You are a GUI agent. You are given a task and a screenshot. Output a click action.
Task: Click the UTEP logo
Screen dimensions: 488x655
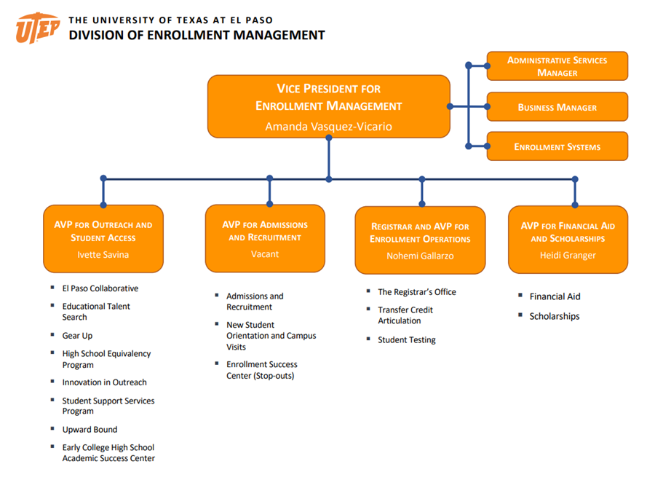coord(38,28)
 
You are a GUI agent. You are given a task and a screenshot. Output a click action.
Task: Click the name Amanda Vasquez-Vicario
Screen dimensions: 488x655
coord(328,127)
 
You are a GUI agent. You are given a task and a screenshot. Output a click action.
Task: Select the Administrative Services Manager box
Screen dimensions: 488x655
coord(557,66)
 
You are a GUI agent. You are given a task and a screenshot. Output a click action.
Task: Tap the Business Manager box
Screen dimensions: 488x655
coord(557,107)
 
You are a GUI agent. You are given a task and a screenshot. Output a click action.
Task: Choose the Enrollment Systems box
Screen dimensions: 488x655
coord(557,146)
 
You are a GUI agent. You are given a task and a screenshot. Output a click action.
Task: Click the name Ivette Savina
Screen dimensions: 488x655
coord(103,255)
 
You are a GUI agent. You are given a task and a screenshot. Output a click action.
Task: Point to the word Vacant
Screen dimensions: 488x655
coord(265,254)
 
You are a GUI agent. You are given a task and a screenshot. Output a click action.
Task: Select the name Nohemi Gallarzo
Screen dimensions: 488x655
coord(421,256)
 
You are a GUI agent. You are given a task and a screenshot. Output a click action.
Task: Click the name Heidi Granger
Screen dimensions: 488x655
coord(568,256)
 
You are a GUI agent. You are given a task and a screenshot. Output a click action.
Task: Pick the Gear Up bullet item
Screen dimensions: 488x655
coord(77,336)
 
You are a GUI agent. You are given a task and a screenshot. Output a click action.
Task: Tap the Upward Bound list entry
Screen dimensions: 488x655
coord(90,430)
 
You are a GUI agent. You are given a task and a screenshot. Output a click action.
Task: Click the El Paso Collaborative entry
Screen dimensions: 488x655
coord(100,288)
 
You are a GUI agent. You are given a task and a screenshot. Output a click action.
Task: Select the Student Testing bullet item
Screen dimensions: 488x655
coord(406,340)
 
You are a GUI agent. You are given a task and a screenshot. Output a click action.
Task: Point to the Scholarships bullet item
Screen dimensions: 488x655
coord(554,317)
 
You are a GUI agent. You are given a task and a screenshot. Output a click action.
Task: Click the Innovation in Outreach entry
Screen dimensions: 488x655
coord(104,382)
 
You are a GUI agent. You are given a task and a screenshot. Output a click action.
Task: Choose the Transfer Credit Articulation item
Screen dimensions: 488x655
coord(405,315)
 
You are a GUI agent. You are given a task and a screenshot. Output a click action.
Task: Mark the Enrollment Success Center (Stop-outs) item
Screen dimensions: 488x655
coord(261,370)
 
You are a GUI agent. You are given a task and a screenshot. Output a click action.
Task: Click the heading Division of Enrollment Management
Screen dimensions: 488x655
coord(196,35)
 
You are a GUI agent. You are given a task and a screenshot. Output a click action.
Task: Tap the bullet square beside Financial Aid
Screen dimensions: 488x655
coord(521,296)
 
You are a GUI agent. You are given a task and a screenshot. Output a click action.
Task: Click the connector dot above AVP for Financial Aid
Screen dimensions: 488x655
coord(575,178)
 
